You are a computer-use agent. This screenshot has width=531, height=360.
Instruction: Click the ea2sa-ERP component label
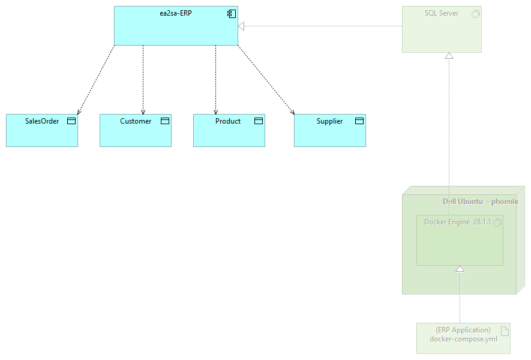[176, 13]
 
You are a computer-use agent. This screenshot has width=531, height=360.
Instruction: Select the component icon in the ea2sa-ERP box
[231, 13]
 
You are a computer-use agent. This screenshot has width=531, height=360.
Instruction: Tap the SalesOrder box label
[42, 121]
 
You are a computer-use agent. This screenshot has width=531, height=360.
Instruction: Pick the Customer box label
[136, 121]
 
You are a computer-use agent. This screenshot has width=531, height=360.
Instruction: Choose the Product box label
[228, 121]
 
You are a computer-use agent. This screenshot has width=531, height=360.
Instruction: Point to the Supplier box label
[329, 121]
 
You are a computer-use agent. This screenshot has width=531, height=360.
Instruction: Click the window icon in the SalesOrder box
[71, 121]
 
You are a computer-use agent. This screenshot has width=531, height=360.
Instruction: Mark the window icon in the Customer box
[165, 121]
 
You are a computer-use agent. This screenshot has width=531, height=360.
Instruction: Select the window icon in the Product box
[259, 121]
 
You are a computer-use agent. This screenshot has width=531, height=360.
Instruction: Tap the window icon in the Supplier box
[359, 121]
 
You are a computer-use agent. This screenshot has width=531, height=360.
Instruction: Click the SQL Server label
[442, 13]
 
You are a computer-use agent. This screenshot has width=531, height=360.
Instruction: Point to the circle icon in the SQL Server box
[475, 13]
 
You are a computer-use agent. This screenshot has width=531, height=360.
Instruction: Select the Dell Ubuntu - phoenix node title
[480, 202]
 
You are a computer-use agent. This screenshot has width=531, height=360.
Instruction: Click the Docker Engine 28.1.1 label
[457, 222]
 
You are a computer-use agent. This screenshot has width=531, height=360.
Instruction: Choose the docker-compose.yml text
[463, 339]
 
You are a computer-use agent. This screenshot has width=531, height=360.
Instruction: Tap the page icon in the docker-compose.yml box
[505, 330]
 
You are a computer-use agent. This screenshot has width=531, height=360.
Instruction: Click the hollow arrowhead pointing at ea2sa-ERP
[241, 26]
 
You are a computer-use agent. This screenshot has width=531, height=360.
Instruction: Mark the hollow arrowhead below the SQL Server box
[449, 56]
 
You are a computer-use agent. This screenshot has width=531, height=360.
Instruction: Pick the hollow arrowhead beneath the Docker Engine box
[460, 269]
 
